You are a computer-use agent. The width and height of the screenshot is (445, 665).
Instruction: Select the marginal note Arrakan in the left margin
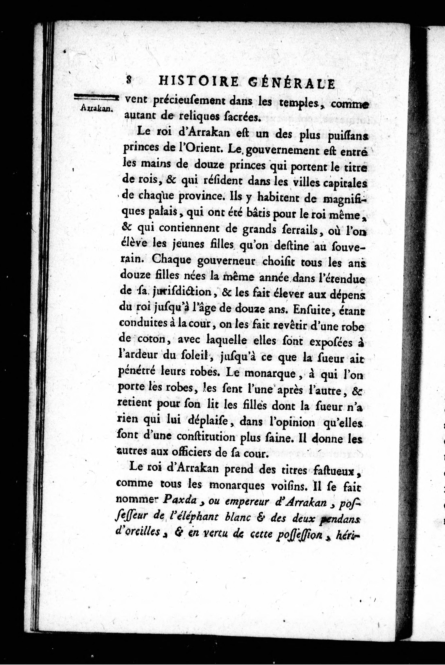[97, 108]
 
